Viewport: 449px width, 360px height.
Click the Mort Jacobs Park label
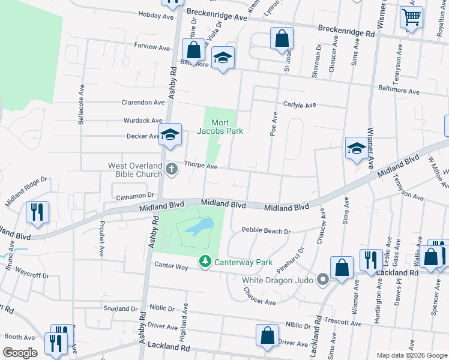[x=220, y=127]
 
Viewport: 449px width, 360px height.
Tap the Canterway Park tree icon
[x=205, y=262]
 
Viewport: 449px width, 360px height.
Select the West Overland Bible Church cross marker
[x=171, y=169]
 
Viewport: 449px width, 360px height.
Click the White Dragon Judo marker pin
[x=323, y=280]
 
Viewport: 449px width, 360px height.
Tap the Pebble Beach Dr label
[x=266, y=230]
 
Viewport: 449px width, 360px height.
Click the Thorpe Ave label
[x=200, y=164]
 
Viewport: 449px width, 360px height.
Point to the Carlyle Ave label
[x=300, y=105]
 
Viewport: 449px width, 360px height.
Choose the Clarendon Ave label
[x=143, y=103]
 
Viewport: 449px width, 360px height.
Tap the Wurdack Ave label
[x=143, y=121]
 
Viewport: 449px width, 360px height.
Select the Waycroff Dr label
[x=32, y=274]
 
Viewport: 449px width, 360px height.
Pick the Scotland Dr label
[x=121, y=308]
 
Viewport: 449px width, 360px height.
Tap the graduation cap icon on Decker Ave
[x=170, y=135]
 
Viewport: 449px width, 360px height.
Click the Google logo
[x=20, y=352]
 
